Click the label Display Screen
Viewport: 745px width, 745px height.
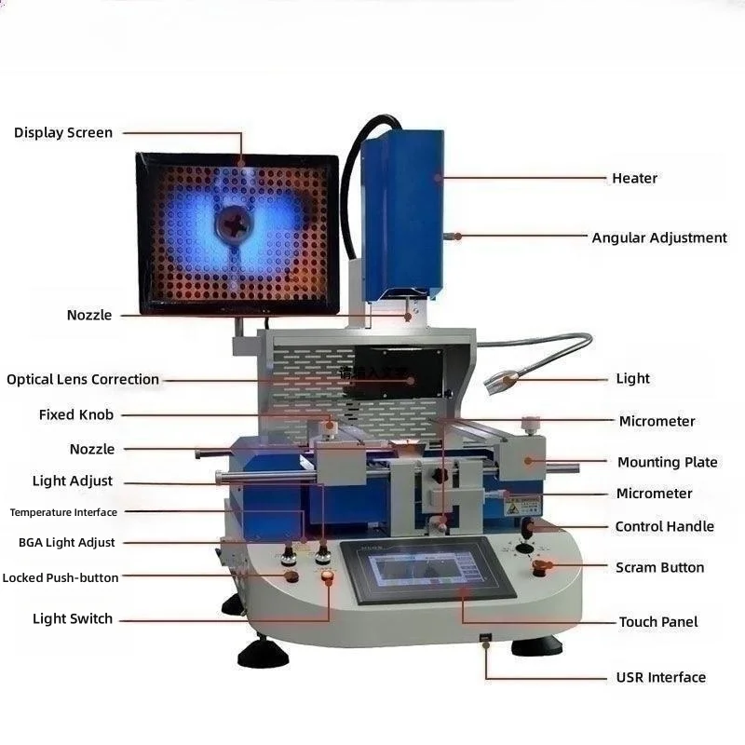tap(63, 133)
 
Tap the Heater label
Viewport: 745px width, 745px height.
tap(634, 178)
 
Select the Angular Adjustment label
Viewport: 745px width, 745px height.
tap(659, 237)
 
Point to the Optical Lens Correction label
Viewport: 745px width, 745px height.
tap(83, 379)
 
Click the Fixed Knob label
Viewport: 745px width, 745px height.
tap(76, 414)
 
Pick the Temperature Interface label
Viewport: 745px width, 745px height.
tap(63, 512)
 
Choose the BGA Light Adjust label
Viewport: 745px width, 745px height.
tap(67, 542)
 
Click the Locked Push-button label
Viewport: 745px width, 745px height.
tap(61, 577)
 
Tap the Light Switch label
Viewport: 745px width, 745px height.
tap(73, 618)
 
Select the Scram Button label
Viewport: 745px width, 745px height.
tap(659, 567)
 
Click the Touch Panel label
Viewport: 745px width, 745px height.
tap(658, 621)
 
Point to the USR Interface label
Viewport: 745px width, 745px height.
tap(661, 677)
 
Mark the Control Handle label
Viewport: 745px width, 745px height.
tap(664, 526)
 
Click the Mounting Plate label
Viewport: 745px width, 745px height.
tap(667, 462)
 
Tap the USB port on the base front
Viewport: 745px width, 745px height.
tap(485, 639)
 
